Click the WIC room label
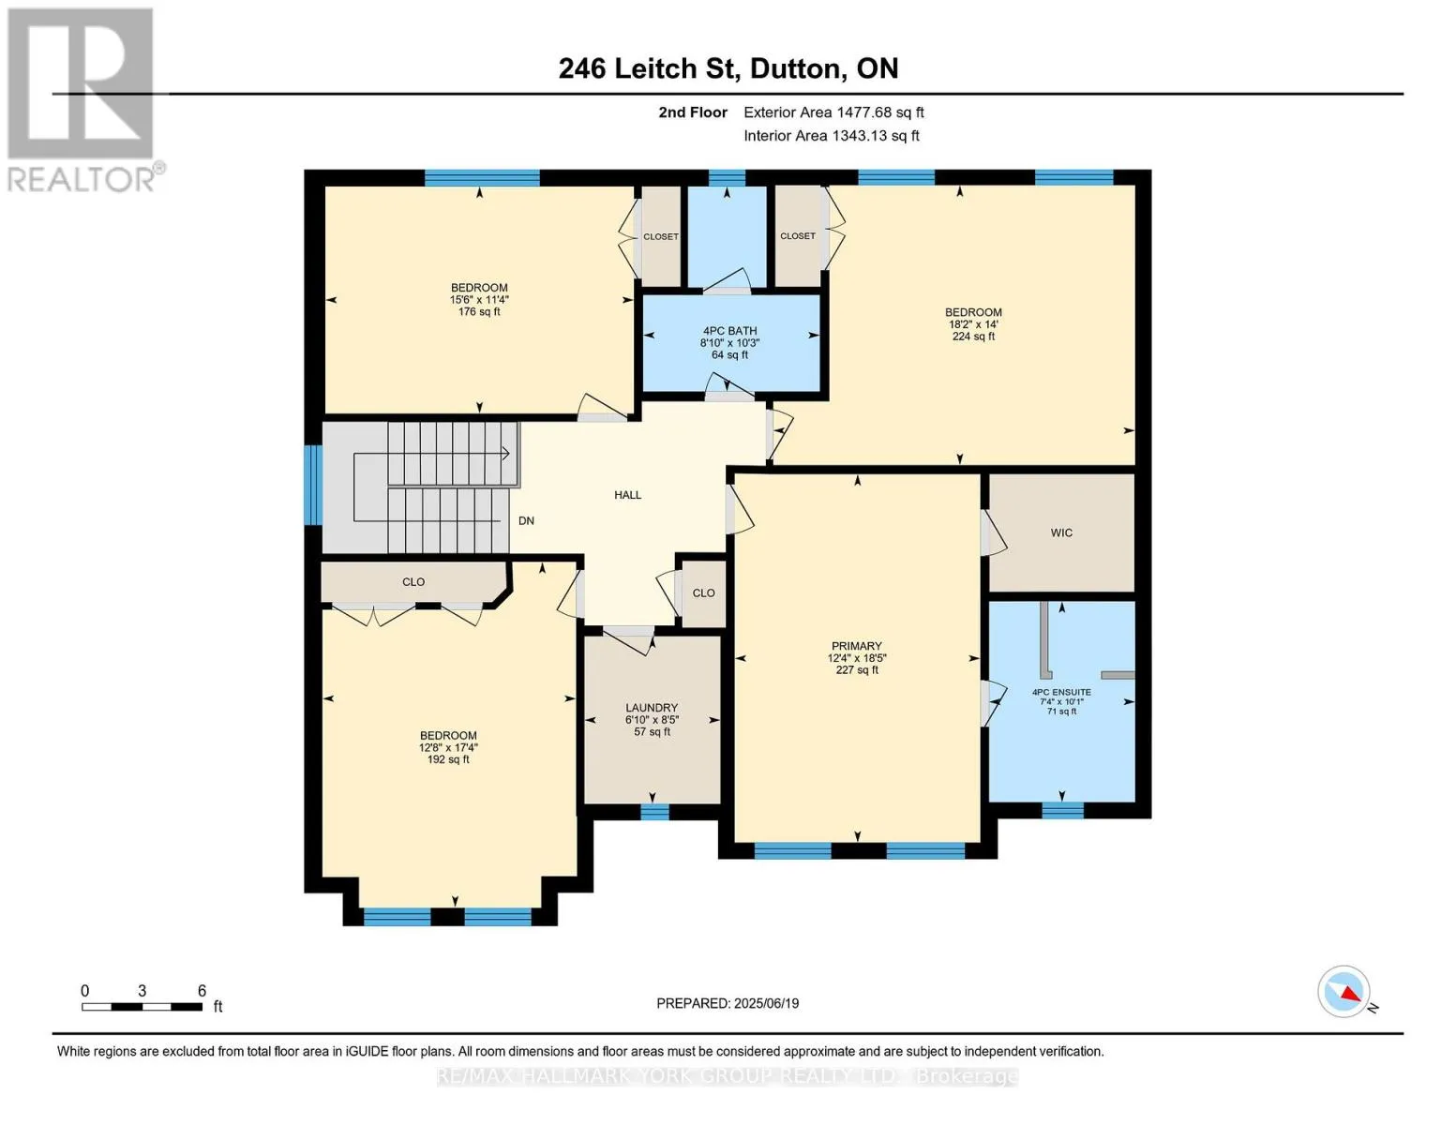pos(1061,532)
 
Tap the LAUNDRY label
pos(652,708)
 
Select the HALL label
pos(628,495)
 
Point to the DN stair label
pos(526,520)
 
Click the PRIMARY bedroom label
pos(856,646)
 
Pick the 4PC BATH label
pos(729,331)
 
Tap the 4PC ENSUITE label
pos(1061,692)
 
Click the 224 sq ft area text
pos(973,337)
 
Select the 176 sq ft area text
pos(479,311)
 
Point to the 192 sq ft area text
pos(448,759)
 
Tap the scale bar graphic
pos(143,1006)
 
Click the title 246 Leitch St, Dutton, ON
pos(728,68)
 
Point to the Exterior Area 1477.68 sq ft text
pos(833,112)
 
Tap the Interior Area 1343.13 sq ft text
pos(832,136)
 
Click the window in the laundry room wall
pos(654,812)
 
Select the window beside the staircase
pos(313,485)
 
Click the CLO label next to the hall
pos(703,593)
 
